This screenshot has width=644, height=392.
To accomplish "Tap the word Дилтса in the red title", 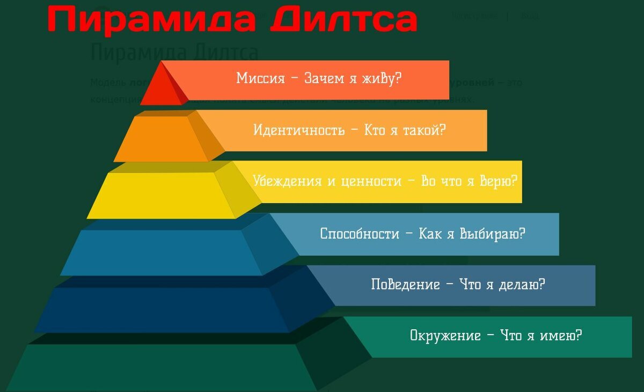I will pos(343,20).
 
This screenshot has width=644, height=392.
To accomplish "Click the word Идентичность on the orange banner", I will pos(299,130).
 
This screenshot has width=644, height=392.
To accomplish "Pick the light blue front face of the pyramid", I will pos(161,252).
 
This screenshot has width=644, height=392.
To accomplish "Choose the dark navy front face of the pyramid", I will pos(161,309).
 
